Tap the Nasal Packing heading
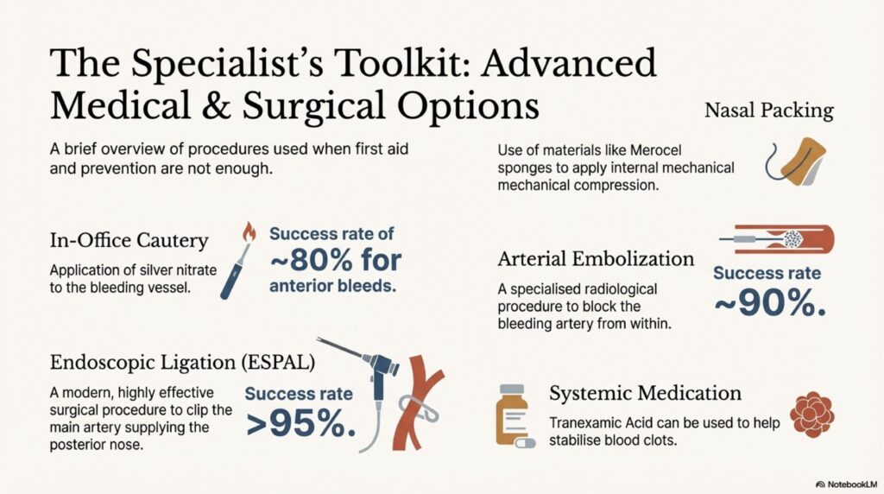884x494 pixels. [x=768, y=111]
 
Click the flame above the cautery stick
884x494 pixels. [x=249, y=232]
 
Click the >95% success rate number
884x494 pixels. [x=299, y=423]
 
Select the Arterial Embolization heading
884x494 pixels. [x=597, y=258]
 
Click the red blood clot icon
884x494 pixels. [x=811, y=414]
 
